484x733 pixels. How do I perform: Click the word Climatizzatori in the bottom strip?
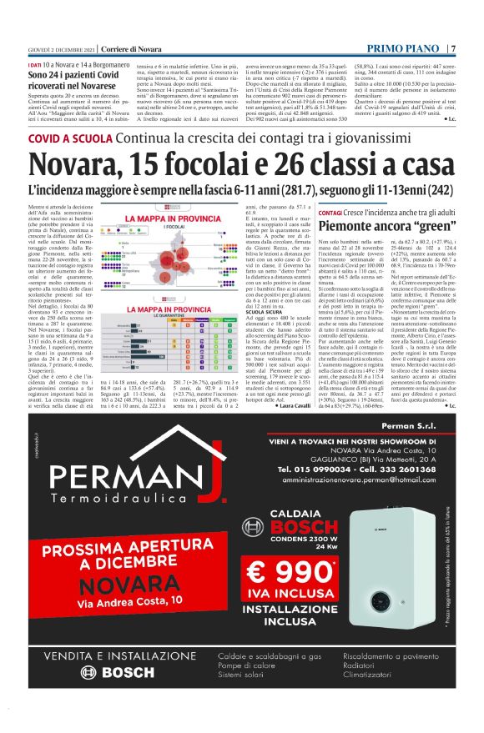[369, 700]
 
